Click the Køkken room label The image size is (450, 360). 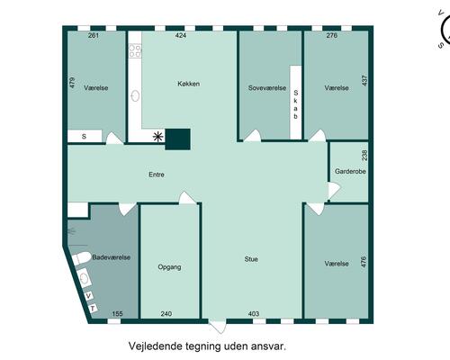click(188, 84)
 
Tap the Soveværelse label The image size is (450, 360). click(267, 88)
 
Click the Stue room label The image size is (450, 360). click(251, 259)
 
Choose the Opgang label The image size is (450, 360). click(170, 267)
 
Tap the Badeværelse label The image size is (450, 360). click(111, 256)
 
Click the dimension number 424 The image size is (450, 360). click(180, 36)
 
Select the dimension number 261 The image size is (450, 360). click(94, 36)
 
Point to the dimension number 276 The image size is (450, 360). click(332, 36)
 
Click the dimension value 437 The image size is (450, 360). click(364, 80)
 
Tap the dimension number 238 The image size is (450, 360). click(364, 155)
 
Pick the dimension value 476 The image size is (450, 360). click(364, 264)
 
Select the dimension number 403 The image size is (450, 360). click(254, 314)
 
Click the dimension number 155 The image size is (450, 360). click(117, 314)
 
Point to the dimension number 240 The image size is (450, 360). click(166, 314)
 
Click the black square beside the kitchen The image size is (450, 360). click(179, 139)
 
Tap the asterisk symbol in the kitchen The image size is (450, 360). click(159, 137)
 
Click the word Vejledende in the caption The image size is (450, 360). click(157, 344)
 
